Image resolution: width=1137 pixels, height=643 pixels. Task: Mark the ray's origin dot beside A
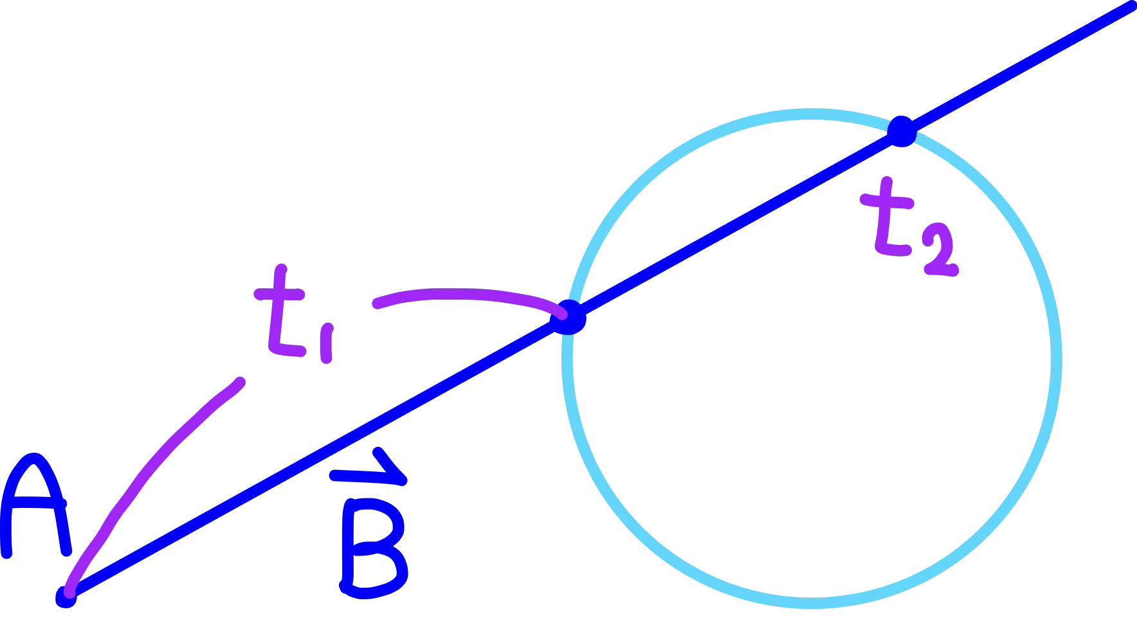66,596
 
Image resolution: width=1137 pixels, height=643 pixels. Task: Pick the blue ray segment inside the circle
733,225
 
